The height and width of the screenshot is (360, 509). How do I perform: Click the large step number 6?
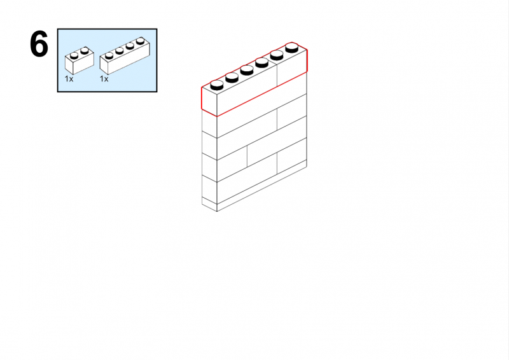point(39,44)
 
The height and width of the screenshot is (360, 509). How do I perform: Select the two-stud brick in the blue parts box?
point(80,60)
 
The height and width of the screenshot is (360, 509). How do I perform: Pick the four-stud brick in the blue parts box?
point(125,55)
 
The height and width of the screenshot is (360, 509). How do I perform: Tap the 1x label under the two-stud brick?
point(69,79)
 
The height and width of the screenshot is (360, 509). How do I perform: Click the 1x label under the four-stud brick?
point(104,79)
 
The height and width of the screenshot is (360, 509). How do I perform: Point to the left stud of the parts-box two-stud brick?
point(74,55)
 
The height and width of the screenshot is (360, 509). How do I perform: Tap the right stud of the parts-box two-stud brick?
point(85,51)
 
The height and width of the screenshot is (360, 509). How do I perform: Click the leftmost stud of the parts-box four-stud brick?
point(109,55)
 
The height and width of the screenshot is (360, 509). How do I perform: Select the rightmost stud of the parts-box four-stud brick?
point(140,41)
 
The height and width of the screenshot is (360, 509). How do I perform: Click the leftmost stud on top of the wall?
point(217,85)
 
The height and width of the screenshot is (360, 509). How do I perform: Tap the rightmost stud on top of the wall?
point(292,48)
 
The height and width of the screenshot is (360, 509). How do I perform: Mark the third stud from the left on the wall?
point(247,70)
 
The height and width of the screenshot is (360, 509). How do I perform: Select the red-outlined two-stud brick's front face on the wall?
point(292,68)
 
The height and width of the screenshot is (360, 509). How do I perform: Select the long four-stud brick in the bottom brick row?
point(247,178)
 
